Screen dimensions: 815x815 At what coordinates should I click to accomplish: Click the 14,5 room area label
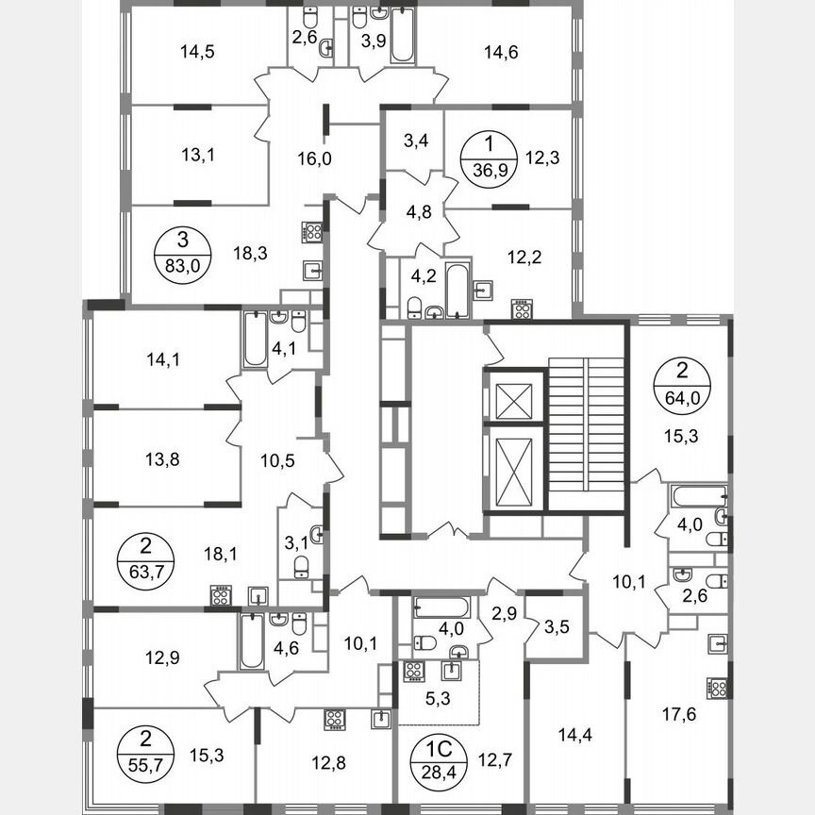197,53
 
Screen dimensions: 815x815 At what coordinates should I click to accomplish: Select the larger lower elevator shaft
514,468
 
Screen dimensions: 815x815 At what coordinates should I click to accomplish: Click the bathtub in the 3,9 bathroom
402,37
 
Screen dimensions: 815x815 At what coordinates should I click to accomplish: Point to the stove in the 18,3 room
313,232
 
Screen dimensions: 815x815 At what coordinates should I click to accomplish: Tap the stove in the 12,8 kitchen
336,719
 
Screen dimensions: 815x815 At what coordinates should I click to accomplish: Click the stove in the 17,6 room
718,689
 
